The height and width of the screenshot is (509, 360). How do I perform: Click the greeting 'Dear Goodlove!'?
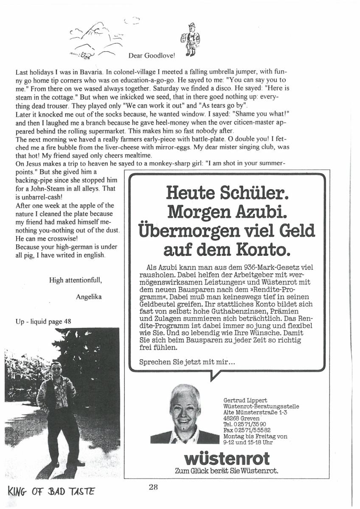click(x=151, y=56)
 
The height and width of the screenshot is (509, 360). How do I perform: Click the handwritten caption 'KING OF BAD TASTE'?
click(x=51, y=492)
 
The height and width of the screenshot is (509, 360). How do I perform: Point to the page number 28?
click(x=153, y=487)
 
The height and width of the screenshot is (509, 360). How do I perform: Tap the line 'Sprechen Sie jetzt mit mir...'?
click(x=184, y=363)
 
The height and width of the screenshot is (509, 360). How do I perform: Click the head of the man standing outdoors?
click(x=56, y=368)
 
